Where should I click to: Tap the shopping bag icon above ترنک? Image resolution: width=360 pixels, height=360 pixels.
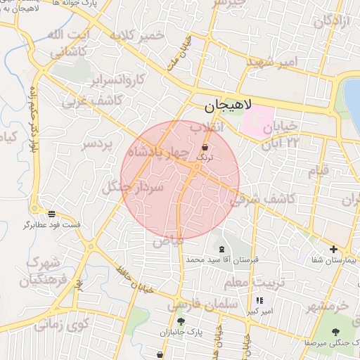coord(205,148)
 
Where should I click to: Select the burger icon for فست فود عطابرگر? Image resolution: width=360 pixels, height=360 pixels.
coord(52,214)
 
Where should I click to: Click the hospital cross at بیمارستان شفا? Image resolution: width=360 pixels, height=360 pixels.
coord(334,249)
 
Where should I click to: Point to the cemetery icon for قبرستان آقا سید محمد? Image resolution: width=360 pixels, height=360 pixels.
coord(222,250)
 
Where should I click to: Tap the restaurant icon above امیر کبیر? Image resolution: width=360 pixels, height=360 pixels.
coord(259,300)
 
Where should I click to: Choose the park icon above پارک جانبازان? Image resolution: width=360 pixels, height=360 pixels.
coord(181,321)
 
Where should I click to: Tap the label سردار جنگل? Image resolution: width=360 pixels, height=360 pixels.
coord(132,187)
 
